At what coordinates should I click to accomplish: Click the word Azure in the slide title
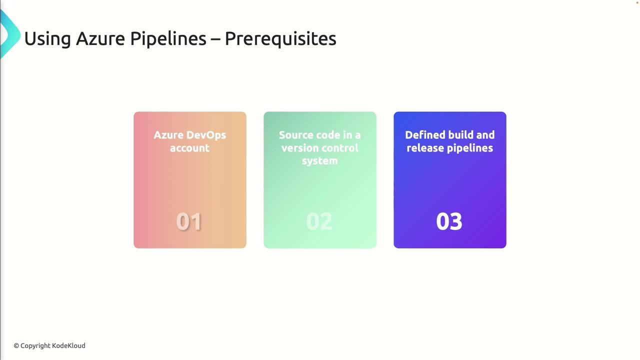100,38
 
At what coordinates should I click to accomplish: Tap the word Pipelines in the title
168,39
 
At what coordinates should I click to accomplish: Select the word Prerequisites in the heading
280,39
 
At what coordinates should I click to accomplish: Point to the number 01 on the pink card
189,221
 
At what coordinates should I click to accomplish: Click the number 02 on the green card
319,221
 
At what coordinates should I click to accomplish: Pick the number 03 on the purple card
449,221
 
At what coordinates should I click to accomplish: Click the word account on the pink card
189,148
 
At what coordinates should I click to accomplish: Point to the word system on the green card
319,161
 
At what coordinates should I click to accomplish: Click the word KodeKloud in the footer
68,345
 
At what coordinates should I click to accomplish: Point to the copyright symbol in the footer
16,346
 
